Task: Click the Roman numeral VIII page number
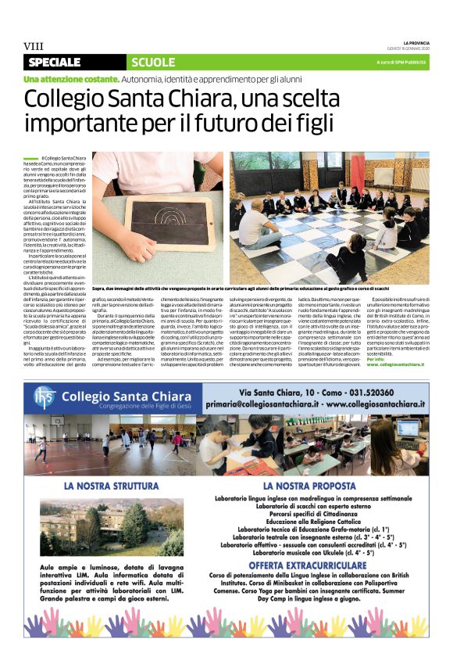click(33, 46)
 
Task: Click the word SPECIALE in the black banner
click(55, 62)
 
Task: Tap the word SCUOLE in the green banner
click(153, 62)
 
